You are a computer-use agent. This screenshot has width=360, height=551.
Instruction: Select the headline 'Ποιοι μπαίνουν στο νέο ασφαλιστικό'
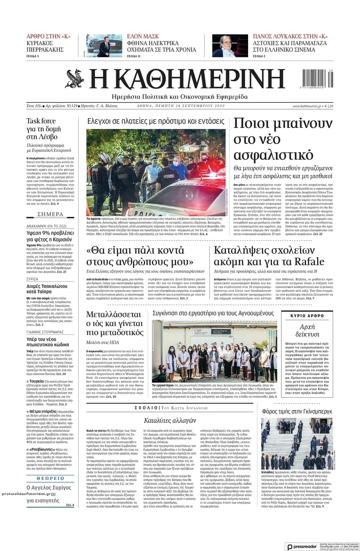pyautogui.click(x=278, y=139)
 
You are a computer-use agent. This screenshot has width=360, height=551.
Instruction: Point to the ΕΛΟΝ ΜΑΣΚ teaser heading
pyautogui.click(x=143, y=36)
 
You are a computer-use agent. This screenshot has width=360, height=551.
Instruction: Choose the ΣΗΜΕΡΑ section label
pyautogui.click(x=50, y=214)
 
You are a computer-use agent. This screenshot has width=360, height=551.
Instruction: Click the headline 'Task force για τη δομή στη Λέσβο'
pyautogui.click(x=43, y=129)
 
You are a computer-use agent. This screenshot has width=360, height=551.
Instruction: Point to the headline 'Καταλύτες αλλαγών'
pyautogui.click(x=170, y=420)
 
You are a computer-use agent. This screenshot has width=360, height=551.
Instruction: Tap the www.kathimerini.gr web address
pyautogui.click(x=307, y=106)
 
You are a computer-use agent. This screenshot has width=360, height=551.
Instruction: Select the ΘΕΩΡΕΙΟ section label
pyautogui.click(x=50, y=478)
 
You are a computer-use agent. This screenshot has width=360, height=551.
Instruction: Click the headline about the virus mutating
pyautogui.click(x=115, y=323)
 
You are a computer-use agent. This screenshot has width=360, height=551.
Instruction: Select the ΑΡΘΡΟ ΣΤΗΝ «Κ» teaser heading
pyautogui.click(x=48, y=36)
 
